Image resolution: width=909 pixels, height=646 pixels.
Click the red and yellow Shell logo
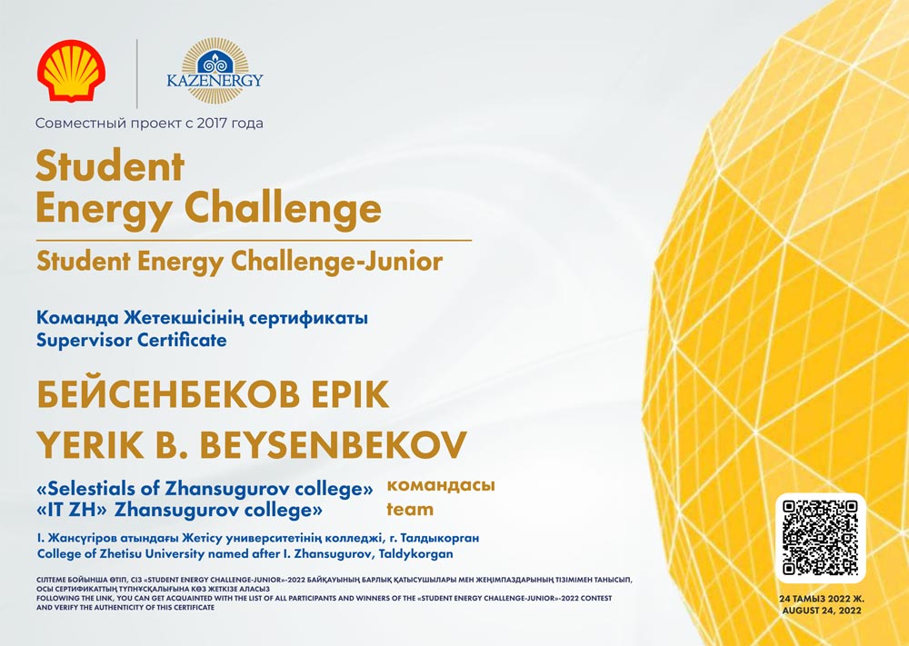point(71,71)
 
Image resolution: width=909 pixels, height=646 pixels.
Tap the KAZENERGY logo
point(215,72)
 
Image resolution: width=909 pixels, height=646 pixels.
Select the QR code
point(820,538)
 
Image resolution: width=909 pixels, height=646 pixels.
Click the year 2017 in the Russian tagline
point(213,123)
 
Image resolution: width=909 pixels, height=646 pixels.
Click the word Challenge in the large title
point(283,208)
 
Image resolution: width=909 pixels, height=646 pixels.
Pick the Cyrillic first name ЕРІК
point(351,395)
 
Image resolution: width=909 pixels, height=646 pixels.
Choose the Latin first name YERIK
point(90,445)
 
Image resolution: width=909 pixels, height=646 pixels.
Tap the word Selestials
point(97,489)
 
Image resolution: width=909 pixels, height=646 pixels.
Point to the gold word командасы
point(441,485)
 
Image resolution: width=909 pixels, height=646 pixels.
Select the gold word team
point(410,510)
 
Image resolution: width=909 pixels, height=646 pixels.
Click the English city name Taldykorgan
point(415,554)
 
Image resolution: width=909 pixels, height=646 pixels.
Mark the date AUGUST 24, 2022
point(822,611)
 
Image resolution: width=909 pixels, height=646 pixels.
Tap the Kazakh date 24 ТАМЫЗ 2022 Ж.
point(822,599)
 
